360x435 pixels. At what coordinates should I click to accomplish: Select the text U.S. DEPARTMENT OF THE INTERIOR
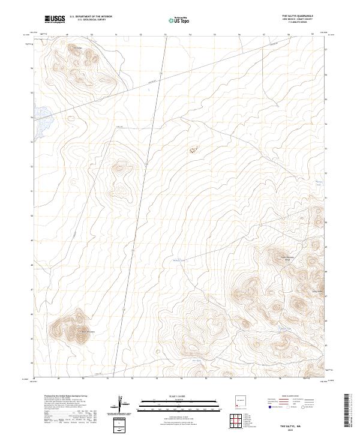91,17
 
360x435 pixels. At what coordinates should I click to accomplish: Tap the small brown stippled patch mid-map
193,150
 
